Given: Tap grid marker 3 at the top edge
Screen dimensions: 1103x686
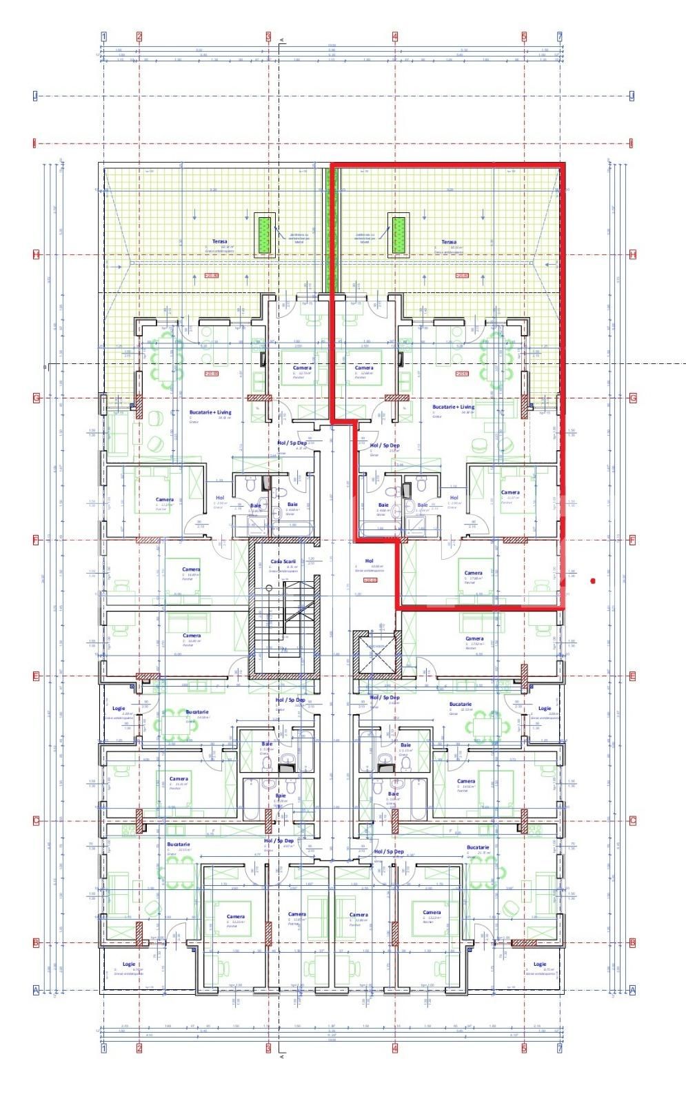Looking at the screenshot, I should pos(268,37).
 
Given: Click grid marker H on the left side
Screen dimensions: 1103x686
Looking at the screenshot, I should pos(36,254).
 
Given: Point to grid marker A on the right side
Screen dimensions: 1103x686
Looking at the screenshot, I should pos(632,990).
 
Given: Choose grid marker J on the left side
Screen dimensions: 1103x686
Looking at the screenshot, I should pos(36,96).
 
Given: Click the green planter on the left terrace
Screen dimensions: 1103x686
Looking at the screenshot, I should pos(263,234).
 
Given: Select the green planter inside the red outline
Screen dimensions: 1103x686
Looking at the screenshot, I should pos(398,234).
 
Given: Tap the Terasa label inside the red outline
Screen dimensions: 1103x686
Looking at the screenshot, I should pos(449,243).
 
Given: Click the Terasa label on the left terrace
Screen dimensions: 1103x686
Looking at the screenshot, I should pos(217,243).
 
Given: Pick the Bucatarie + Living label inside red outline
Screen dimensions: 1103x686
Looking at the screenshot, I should pos(453,407).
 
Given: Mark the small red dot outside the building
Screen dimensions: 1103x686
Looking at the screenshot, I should pos(593,581).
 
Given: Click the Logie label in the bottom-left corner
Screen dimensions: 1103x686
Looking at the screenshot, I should pos(129,964).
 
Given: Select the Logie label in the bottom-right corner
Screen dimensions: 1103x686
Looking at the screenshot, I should pos(539,964).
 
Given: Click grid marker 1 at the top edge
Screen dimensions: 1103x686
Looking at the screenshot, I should pos(104,37).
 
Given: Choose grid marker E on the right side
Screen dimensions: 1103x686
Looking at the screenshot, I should pos(632,676).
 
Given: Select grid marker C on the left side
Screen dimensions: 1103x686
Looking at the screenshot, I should pos(36,821).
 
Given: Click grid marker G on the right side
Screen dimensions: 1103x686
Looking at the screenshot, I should pos(632,398).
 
